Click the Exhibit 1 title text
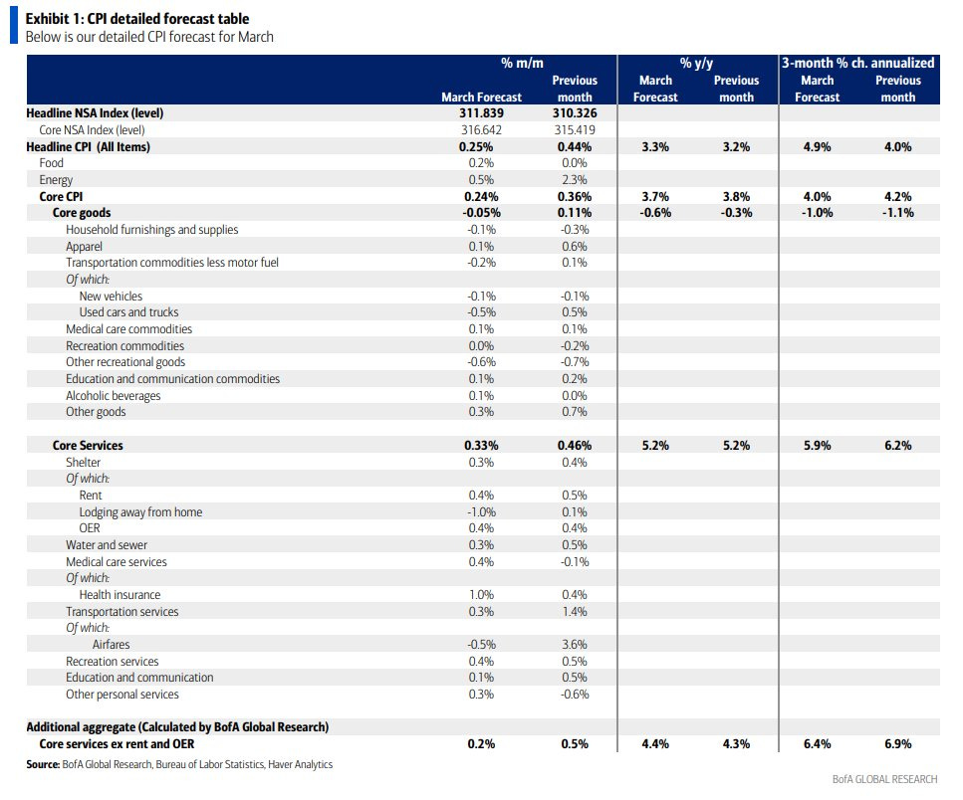coord(136,19)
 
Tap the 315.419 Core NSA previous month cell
coord(577,130)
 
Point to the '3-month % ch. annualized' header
coord(857,64)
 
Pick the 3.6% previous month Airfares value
coord(576,645)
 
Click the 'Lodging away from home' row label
coord(140,512)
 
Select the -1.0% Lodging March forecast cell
coord(481,512)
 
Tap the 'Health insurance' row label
coord(120,595)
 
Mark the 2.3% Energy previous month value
coord(576,180)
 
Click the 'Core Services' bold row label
coord(88,446)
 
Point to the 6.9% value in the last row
coord(897,744)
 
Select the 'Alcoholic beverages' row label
coord(114,396)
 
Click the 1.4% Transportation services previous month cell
coord(576,612)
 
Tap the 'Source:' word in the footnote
coord(44,764)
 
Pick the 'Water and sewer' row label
coord(103,545)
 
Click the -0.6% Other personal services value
coord(575,695)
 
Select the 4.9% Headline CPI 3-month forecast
coord(817,147)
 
